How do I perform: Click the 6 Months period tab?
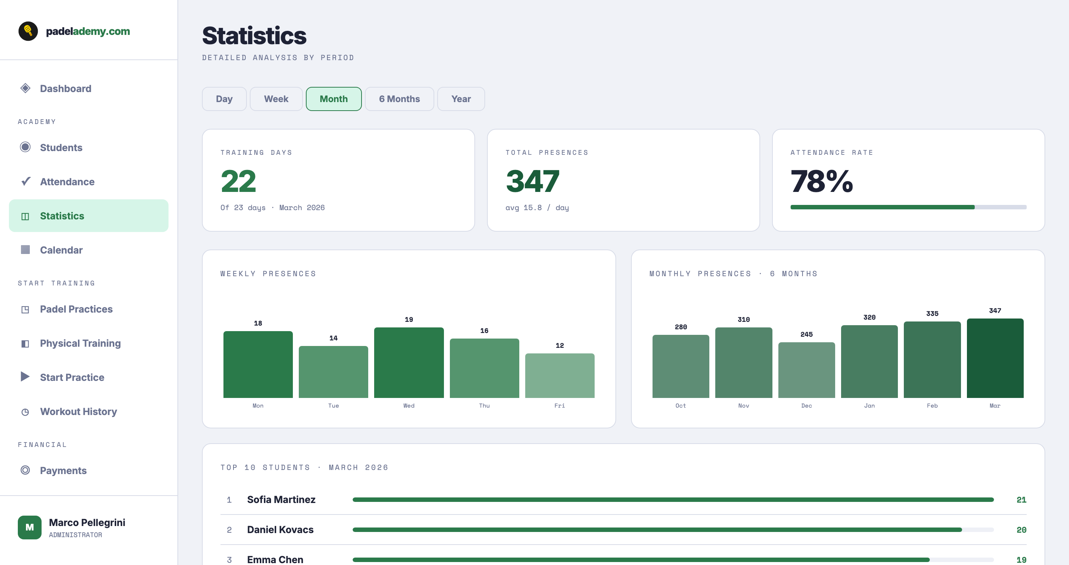tap(399, 99)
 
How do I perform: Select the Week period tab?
tap(276, 99)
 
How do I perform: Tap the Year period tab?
tap(461, 99)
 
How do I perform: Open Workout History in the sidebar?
tap(78, 411)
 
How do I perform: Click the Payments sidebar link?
tap(63, 470)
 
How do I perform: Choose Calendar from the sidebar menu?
tap(61, 250)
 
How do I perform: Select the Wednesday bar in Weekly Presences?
tap(409, 362)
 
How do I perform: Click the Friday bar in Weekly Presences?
tap(559, 375)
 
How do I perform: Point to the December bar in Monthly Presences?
tap(806, 370)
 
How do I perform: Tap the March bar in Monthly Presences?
tap(995, 358)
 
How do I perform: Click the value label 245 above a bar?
tap(806, 334)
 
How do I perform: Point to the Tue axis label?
tap(333, 406)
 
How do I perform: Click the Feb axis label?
tap(932, 406)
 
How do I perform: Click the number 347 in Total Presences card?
tap(532, 182)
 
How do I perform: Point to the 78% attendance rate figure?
tap(821, 182)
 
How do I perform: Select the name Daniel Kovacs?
tap(280, 530)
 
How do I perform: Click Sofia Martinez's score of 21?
tap(1021, 500)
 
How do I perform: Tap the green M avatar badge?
tap(29, 527)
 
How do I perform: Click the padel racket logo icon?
tap(28, 31)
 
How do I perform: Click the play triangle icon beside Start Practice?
tap(25, 376)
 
